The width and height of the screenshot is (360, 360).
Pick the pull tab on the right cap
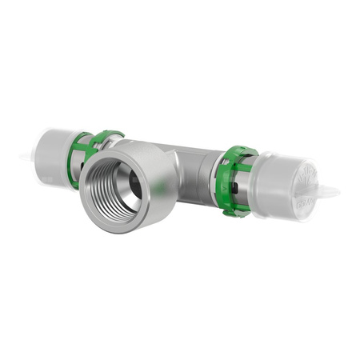point(328,192)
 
